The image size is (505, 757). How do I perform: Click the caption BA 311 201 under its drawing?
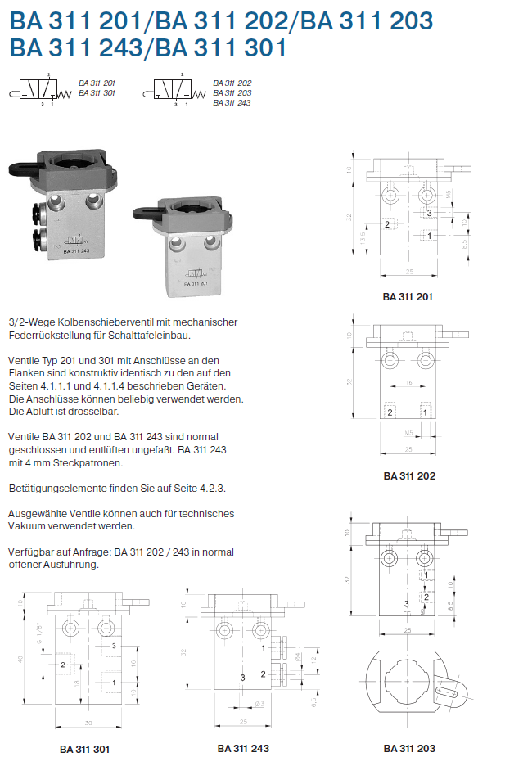tap(408, 296)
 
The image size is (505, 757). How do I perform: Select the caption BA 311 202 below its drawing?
tap(409, 475)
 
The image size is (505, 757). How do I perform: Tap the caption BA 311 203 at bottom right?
tap(409, 748)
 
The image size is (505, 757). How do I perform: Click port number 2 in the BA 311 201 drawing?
tap(386, 224)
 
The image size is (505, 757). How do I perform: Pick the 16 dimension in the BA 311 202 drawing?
tap(408, 382)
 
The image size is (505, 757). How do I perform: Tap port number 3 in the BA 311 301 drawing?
tap(115, 646)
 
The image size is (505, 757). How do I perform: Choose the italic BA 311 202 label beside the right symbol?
tap(232, 83)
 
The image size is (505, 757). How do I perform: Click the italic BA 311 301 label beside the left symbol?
tap(97, 92)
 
